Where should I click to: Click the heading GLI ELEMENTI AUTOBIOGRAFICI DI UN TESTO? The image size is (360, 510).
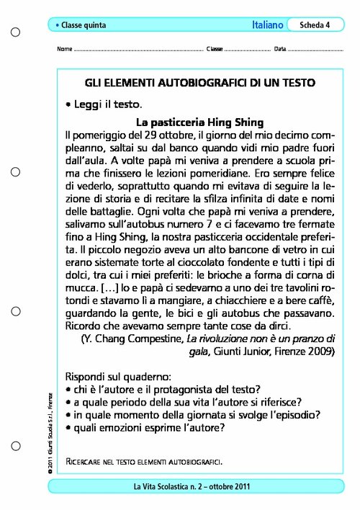click(x=199, y=83)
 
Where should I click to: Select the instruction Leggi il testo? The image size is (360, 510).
click(x=107, y=104)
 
